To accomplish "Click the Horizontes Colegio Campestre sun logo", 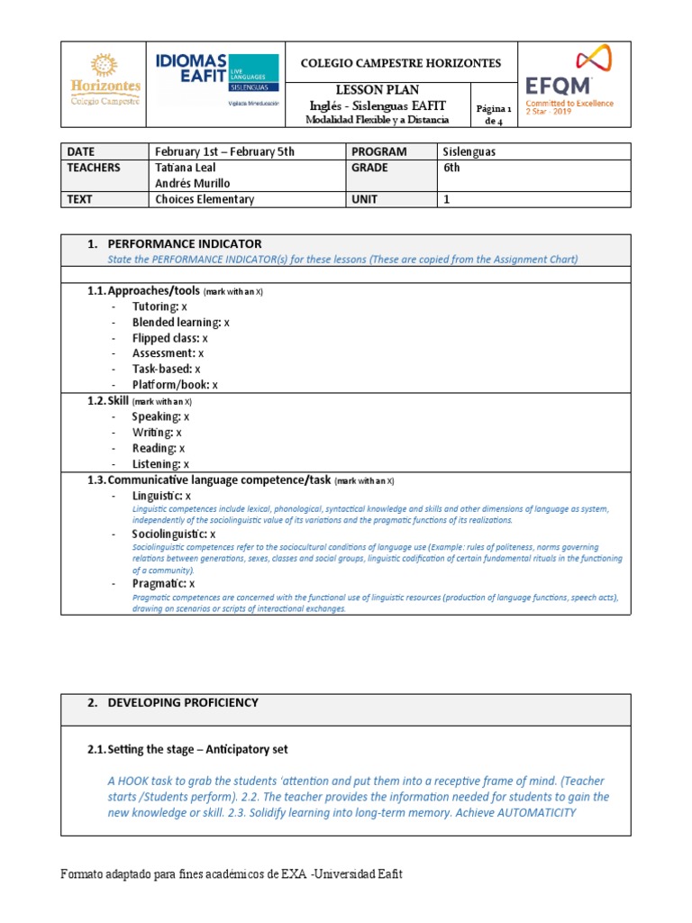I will click(x=105, y=80).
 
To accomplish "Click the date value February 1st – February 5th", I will click(x=224, y=151).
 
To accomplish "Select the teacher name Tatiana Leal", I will click(x=186, y=168).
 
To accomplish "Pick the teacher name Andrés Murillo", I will click(x=192, y=183).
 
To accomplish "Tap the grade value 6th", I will click(x=451, y=168).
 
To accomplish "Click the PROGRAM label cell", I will click(x=379, y=151).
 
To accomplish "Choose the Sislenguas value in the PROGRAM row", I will click(x=469, y=151).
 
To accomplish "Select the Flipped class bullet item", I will click(x=169, y=338).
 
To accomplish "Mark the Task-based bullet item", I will click(x=166, y=369).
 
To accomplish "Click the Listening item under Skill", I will click(x=160, y=463).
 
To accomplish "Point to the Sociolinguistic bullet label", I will click(x=173, y=534).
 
